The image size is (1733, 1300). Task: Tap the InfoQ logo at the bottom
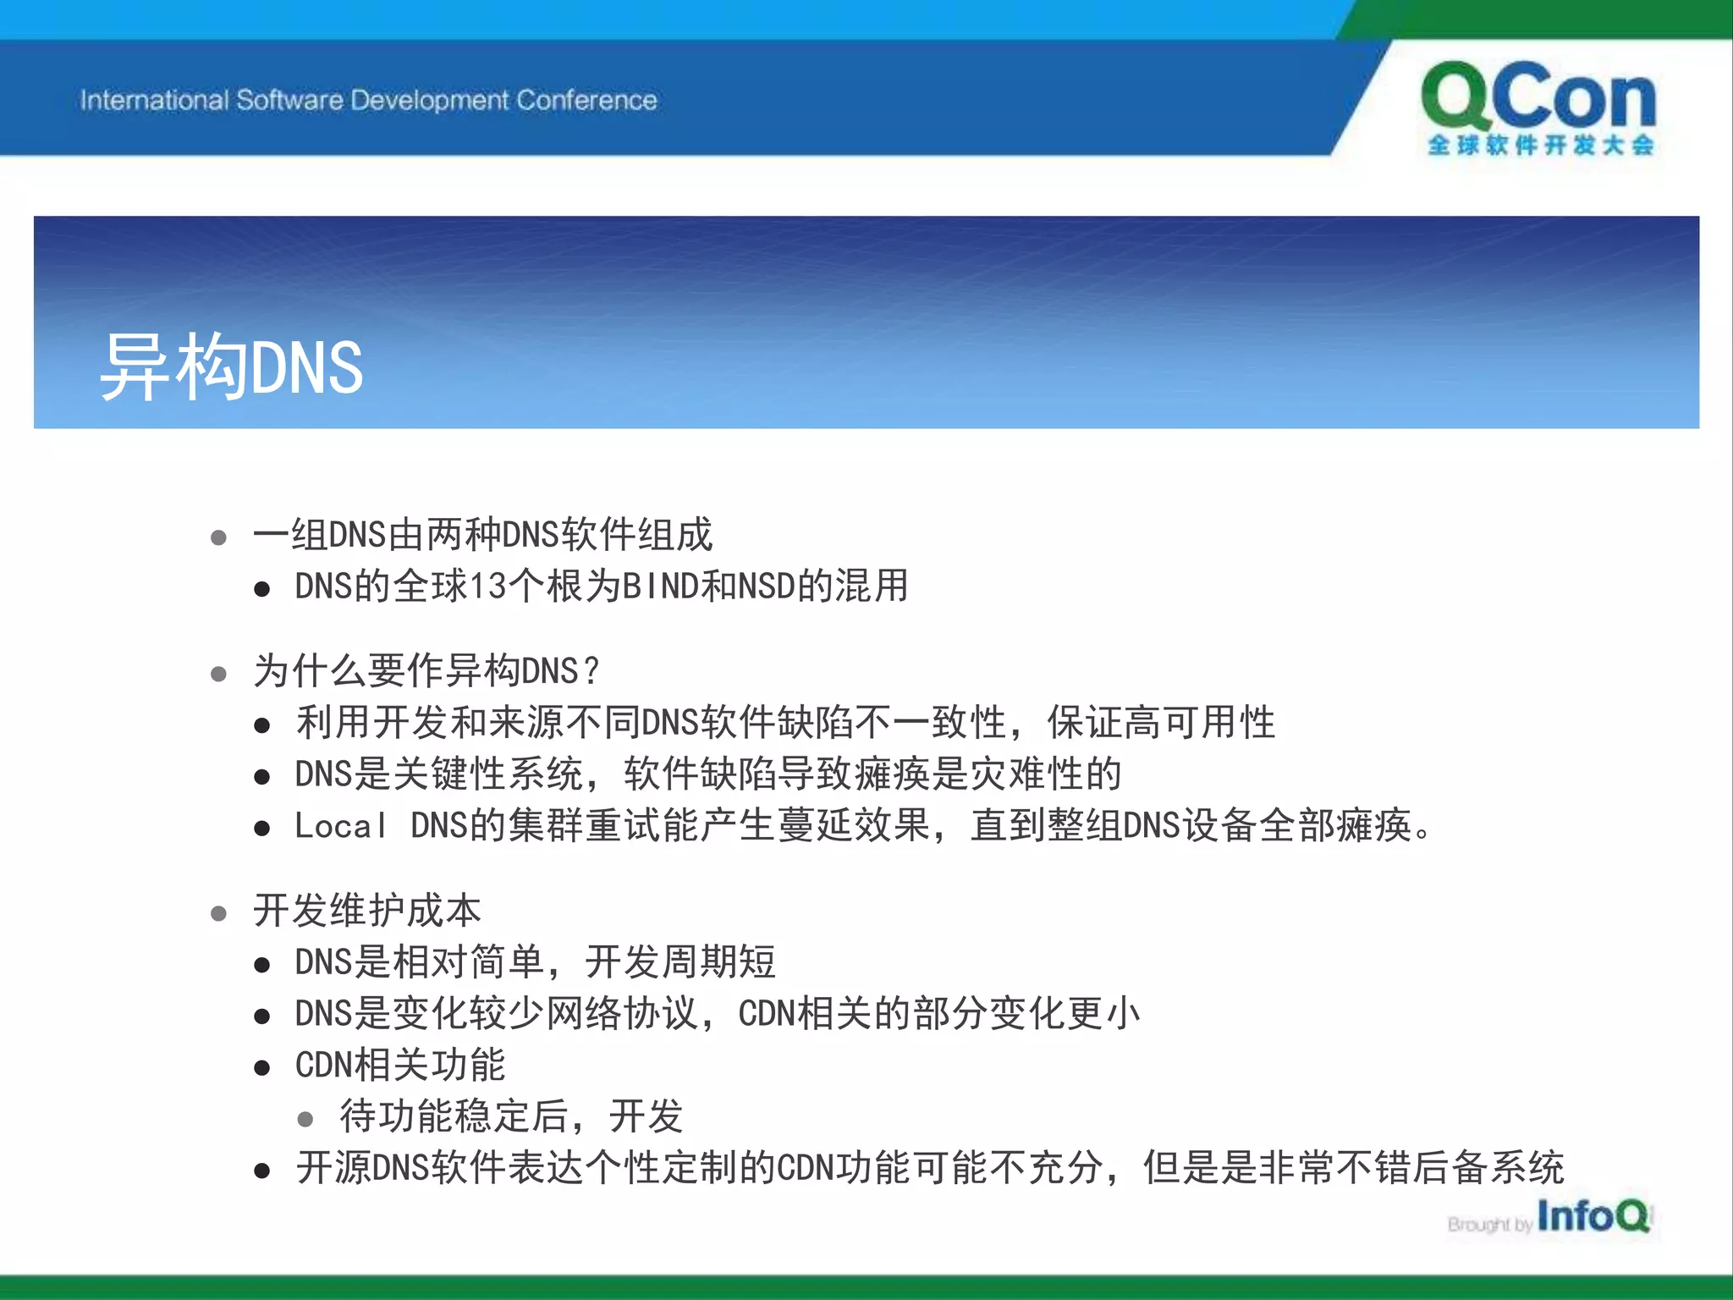tap(1593, 1216)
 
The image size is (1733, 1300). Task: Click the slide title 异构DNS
tap(232, 366)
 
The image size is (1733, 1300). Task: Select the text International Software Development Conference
tap(368, 100)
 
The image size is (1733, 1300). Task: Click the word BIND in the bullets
tap(659, 586)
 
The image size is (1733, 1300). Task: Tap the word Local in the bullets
tap(340, 826)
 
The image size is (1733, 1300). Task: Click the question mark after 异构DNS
tap(591, 671)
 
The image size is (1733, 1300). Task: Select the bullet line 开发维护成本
tap(367, 911)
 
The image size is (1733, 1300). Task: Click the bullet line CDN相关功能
tap(399, 1065)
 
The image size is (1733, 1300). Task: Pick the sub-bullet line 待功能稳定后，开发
tap(511, 1116)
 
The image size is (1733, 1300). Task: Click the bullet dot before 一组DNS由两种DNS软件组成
tap(218, 537)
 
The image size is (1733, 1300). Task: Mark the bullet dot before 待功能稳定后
tap(305, 1120)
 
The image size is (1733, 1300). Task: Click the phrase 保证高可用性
tap(1161, 723)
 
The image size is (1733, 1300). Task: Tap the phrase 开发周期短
tap(680, 962)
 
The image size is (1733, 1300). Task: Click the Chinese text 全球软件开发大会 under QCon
tap(1540, 145)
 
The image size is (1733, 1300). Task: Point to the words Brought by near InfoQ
tap(1489, 1224)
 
